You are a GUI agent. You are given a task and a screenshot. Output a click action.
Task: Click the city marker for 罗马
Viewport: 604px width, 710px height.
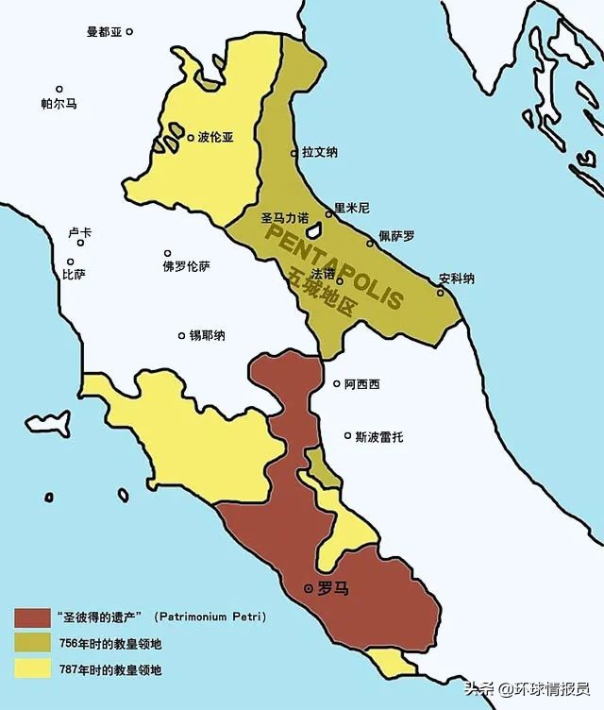pos(310,588)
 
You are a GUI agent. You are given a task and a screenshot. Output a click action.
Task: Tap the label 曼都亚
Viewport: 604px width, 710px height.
pos(105,31)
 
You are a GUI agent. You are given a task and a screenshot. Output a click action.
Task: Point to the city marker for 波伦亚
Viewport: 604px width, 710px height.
pos(191,137)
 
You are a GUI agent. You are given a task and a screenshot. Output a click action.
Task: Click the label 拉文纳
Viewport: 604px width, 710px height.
pos(320,151)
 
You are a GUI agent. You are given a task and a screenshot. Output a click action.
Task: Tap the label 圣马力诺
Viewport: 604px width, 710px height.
pos(284,217)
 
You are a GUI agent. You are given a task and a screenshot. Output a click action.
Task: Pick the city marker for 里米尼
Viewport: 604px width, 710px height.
pos(329,214)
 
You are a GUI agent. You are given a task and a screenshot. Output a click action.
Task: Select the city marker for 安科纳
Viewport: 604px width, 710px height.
pos(440,292)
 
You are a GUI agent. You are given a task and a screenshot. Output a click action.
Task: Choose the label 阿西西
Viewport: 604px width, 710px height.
pos(361,384)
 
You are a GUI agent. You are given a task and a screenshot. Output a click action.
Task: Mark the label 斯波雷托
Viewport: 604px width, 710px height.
pos(378,436)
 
